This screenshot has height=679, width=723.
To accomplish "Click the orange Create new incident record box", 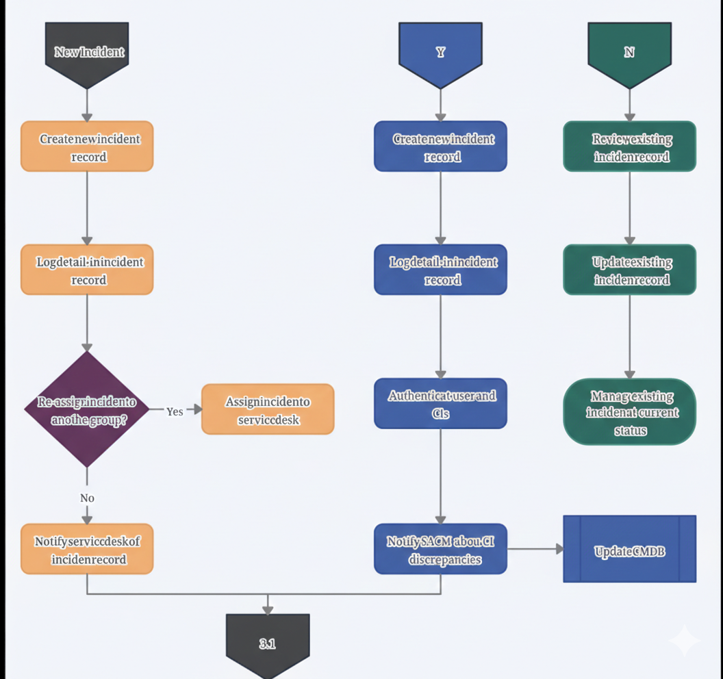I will click(x=87, y=146).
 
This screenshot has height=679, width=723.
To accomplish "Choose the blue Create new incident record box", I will click(x=440, y=146).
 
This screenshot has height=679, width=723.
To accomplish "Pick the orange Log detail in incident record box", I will click(x=87, y=270).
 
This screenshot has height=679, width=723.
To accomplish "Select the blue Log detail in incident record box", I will click(x=440, y=270).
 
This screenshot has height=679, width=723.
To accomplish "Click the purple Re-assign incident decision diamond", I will click(x=87, y=409).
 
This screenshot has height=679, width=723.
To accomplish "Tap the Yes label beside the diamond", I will click(x=175, y=411).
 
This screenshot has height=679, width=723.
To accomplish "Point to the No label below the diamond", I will click(x=87, y=498).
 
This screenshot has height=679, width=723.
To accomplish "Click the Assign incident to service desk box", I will click(x=268, y=409).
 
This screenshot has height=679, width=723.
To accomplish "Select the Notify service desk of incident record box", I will click(x=87, y=549).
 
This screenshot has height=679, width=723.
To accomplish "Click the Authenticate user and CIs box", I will click(x=440, y=404).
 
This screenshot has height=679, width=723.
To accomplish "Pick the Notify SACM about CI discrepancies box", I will click(x=440, y=549).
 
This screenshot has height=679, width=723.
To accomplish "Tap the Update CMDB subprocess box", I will click(x=629, y=549).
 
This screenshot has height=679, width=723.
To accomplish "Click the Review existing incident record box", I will click(x=629, y=146).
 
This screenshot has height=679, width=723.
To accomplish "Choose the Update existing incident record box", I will click(x=629, y=270).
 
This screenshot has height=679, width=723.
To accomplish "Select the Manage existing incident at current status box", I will click(x=629, y=412).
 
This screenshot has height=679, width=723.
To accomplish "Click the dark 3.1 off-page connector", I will click(x=268, y=643).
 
